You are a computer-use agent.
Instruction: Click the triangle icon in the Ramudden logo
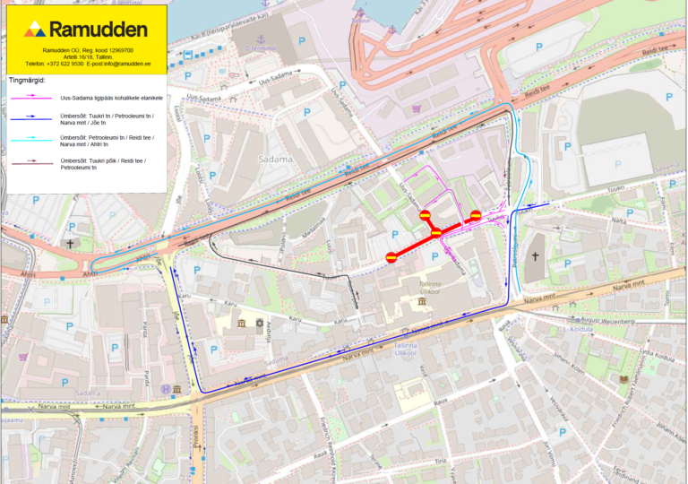click(35, 29)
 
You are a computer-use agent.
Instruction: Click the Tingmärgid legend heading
click(26, 80)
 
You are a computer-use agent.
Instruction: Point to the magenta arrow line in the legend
click(30, 96)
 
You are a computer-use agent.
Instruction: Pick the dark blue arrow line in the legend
click(30, 117)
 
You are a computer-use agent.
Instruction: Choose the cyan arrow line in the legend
click(30, 140)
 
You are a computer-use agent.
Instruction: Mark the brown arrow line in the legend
click(30, 163)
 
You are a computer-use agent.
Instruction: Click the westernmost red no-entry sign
click(391, 257)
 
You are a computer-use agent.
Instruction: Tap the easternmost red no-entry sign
click(476, 215)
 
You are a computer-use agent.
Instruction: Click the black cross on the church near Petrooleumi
click(535, 257)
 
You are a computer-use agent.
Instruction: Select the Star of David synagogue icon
click(259, 322)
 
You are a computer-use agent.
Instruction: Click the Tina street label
click(439, 461)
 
